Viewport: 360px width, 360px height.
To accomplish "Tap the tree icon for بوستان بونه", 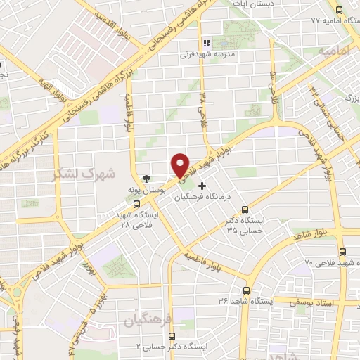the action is coord(146,179).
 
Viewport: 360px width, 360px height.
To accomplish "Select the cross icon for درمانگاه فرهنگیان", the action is coord(203,186).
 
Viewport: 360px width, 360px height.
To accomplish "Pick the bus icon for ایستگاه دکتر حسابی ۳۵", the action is coord(245,209).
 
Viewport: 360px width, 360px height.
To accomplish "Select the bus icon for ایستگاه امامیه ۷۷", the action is coord(340,10).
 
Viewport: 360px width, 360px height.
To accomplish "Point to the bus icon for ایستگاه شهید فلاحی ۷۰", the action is coord(342,251).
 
